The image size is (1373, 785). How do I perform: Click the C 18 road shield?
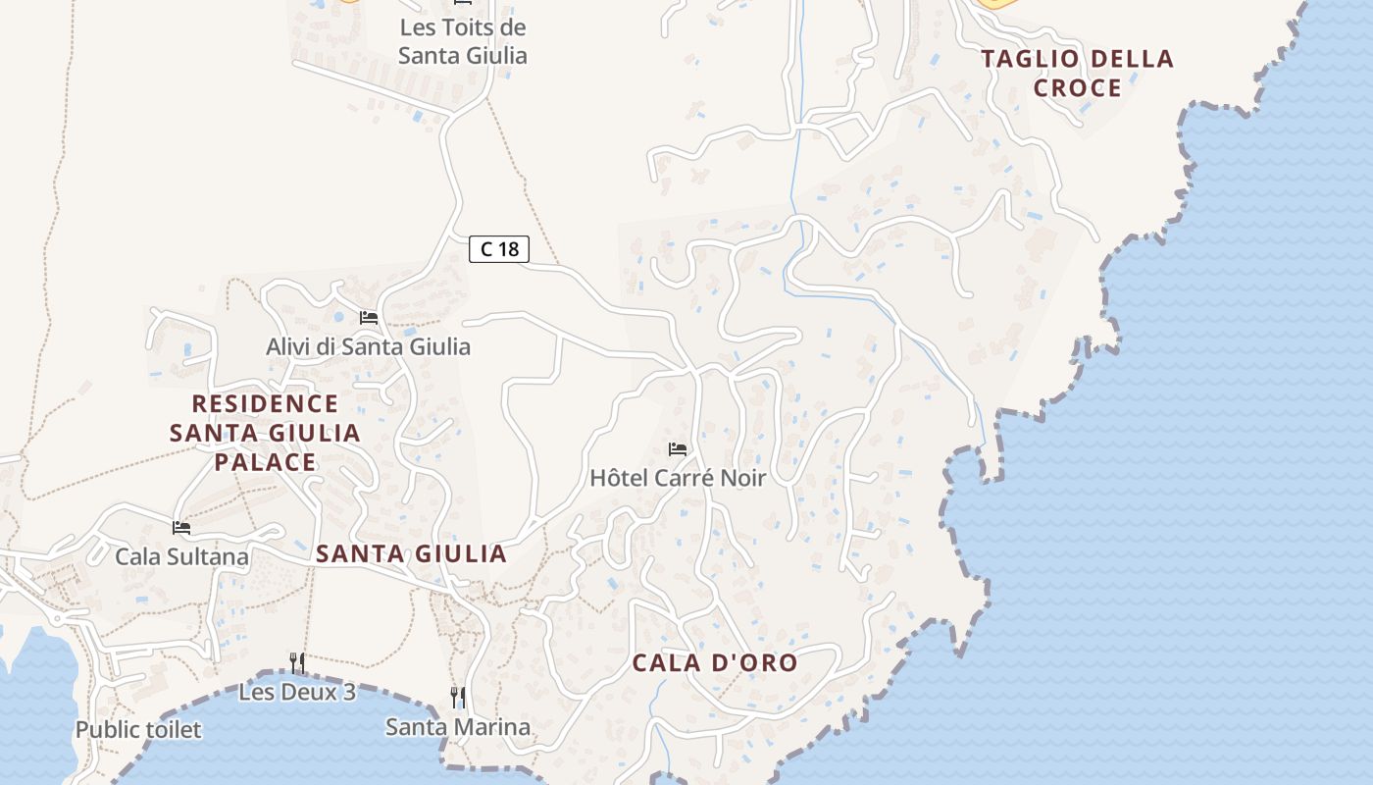click(499, 249)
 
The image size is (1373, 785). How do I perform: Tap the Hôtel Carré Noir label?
click(677, 478)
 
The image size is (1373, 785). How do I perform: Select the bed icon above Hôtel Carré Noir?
click(677, 449)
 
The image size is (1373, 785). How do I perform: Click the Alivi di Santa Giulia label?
click(368, 346)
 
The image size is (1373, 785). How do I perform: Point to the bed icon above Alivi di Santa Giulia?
click(369, 317)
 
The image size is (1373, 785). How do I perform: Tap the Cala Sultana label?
click(181, 557)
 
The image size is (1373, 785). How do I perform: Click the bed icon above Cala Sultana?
click(181, 528)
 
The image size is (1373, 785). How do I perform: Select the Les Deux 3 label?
click(297, 692)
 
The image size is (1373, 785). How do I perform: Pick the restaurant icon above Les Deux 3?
click(297, 663)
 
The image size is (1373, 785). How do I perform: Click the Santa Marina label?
click(457, 727)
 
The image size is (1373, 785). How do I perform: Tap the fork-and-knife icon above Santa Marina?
click(457, 698)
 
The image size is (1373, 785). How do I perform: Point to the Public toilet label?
click(138, 730)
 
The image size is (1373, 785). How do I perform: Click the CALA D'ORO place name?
click(715, 663)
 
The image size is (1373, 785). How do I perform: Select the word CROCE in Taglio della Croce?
click(1078, 88)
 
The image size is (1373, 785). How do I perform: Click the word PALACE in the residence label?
click(266, 462)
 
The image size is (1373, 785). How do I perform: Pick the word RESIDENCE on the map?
click(265, 403)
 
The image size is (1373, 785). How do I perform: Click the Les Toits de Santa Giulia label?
click(463, 41)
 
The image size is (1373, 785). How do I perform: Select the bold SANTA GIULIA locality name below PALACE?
click(411, 554)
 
